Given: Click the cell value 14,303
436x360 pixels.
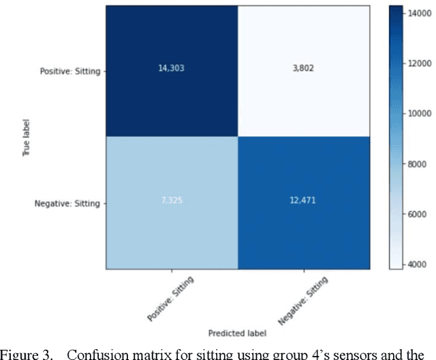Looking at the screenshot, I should [x=171, y=70].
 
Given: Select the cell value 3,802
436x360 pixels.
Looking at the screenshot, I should [x=304, y=70].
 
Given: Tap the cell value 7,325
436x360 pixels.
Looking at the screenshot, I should [x=171, y=204].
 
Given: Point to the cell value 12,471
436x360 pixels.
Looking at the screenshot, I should [x=304, y=204].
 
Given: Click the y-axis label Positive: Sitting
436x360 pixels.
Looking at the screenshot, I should [x=70, y=70].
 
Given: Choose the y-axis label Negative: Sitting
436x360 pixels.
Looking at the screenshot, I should [x=69, y=204].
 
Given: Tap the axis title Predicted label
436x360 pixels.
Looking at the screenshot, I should [x=238, y=332].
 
